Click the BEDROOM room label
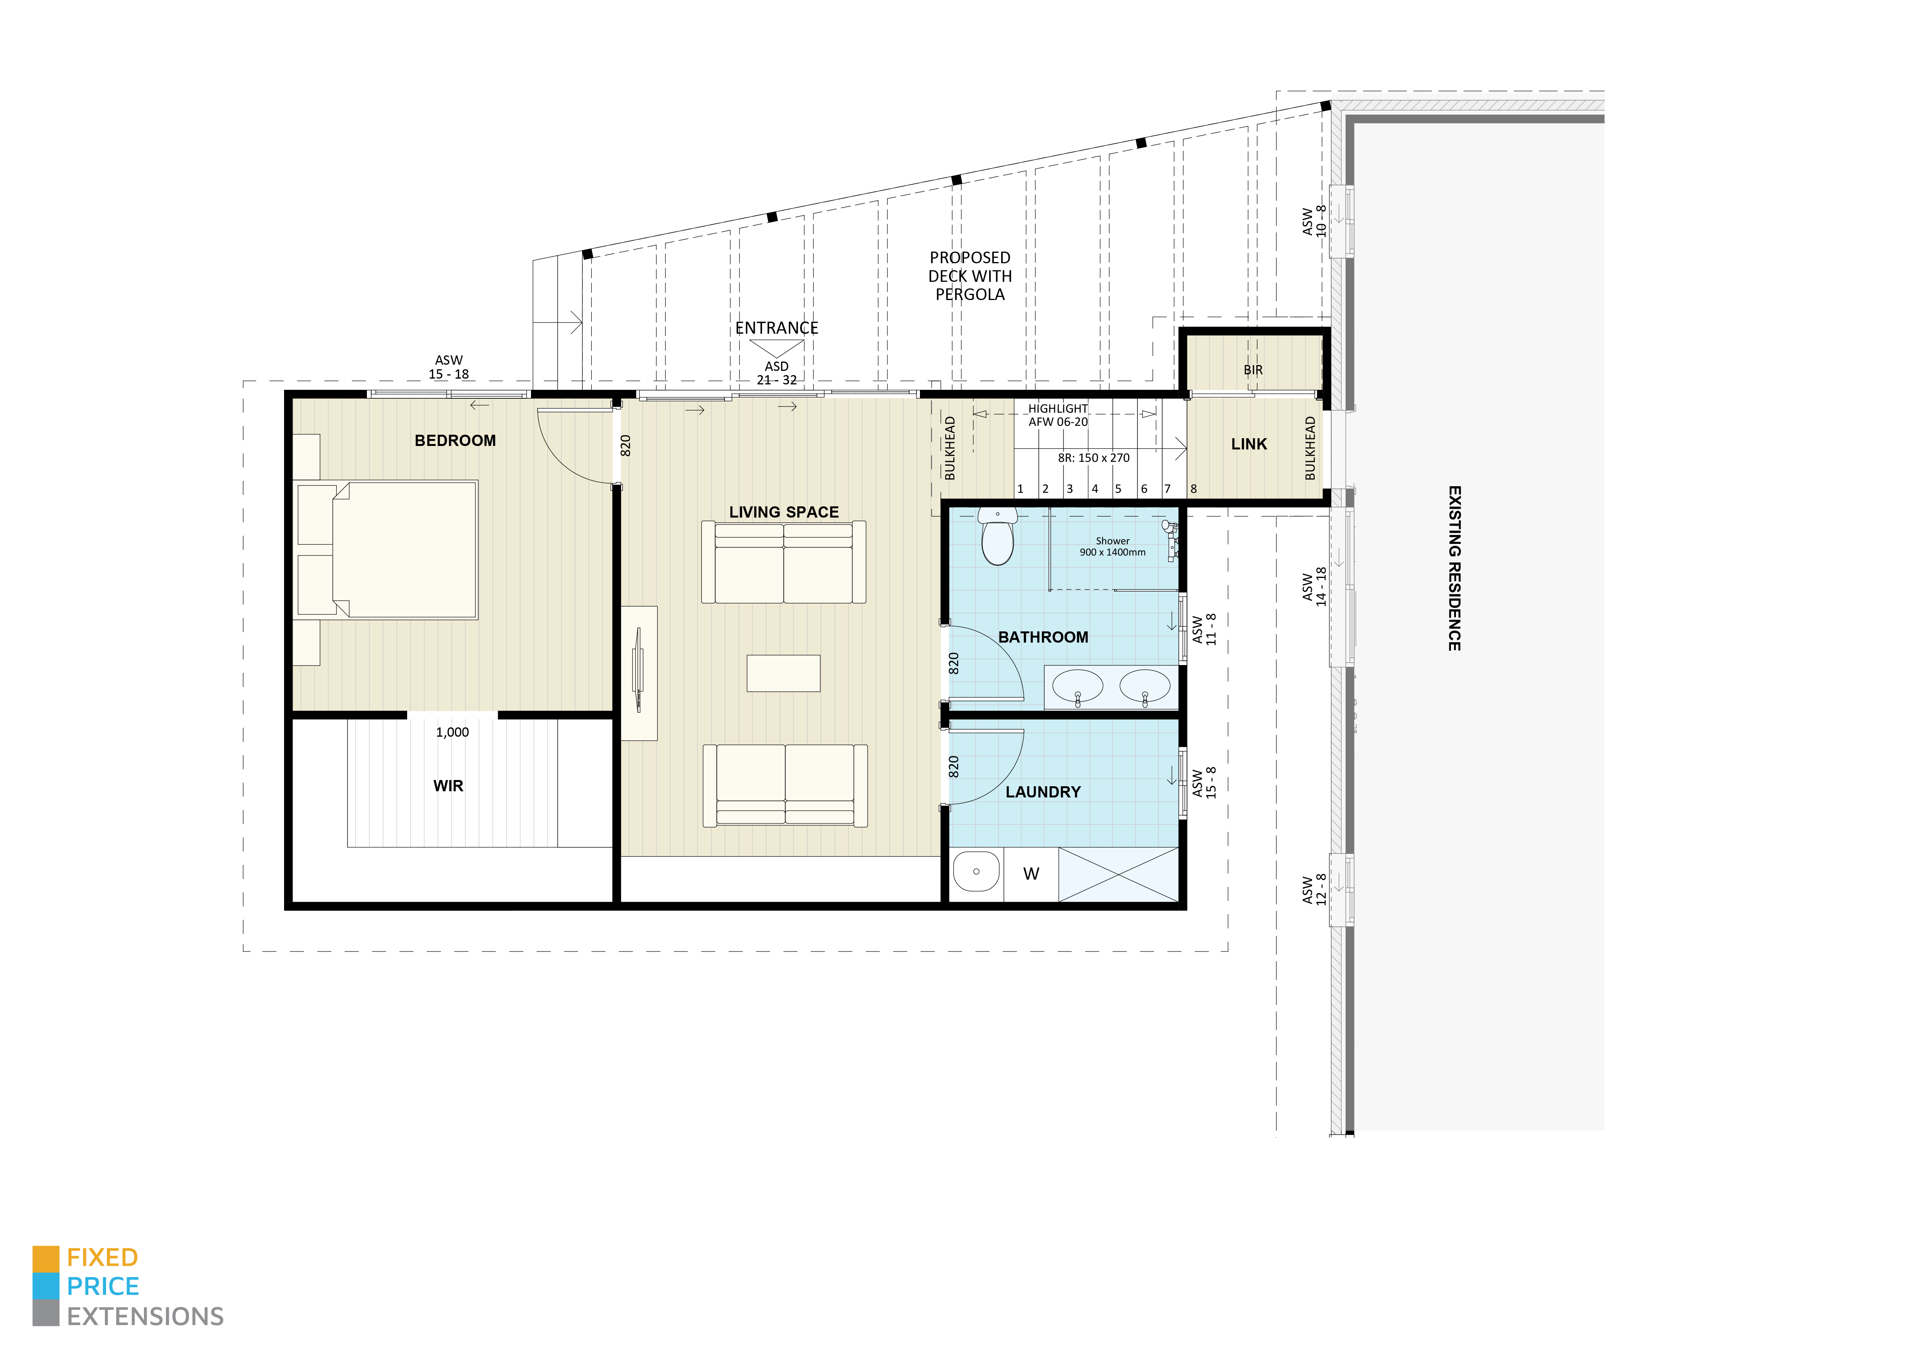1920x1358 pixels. [x=455, y=441]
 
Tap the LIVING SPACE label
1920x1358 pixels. [x=784, y=512]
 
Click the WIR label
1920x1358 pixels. [x=448, y=786]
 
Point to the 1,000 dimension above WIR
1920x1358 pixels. [x=452, y=732]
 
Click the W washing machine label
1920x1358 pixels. [x=1031, y=874]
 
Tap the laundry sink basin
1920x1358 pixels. [x=977, y=872]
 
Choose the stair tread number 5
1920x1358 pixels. [x=1118, y=489]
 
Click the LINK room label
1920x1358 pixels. [x=1249, y=444]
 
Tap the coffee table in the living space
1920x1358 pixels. [x=784, y=673]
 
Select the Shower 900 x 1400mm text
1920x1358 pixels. [x=1112, y=547]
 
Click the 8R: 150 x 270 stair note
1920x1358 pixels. [x=1093, y=458]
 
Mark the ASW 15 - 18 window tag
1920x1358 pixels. [x=449, y=367]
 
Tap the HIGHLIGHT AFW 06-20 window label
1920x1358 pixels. [x=1058, y=415]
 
